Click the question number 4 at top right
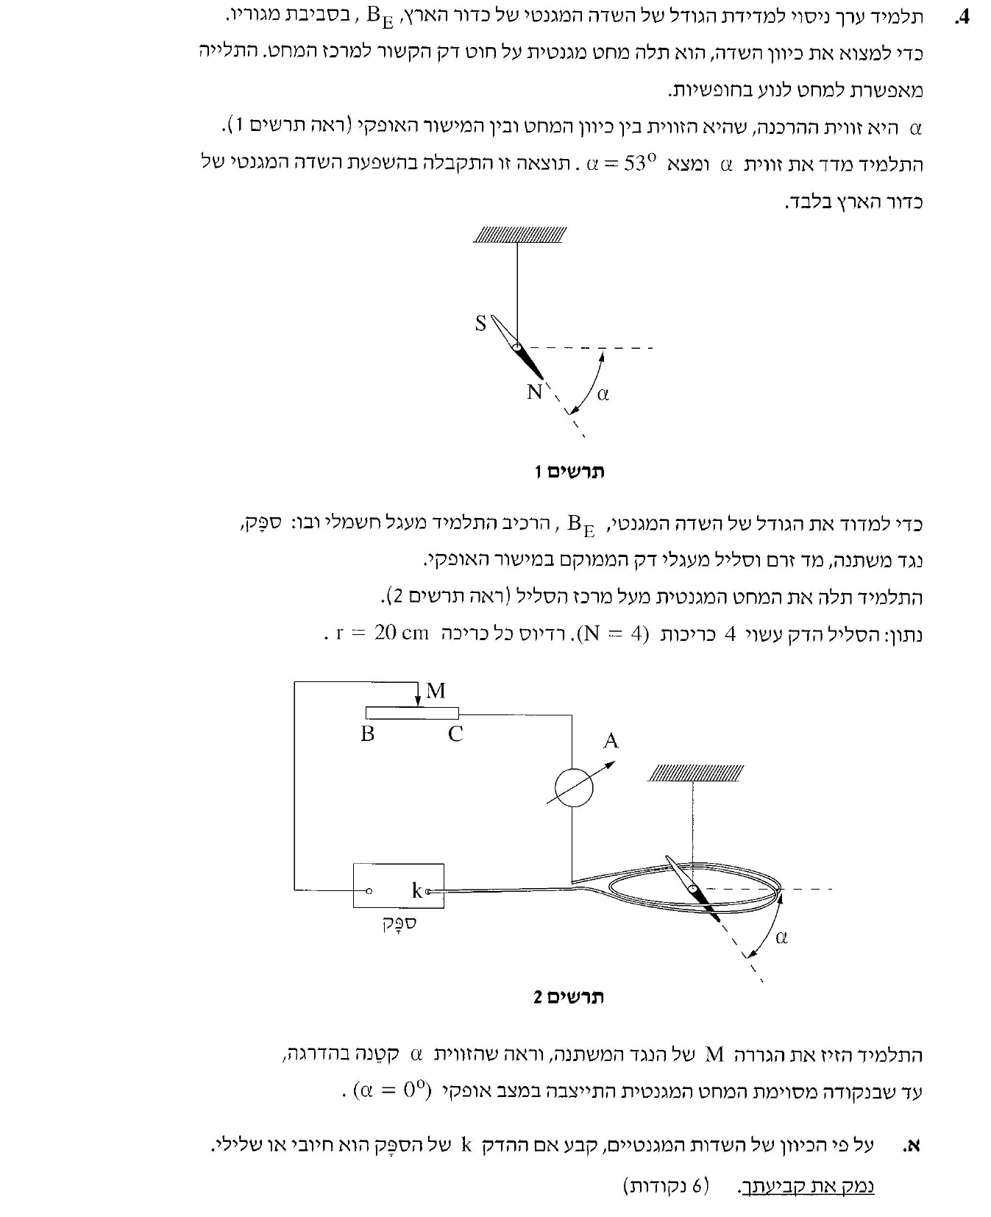pyautogui.click(x=962, y=18)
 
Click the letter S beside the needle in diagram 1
pyautogui.click(x=480, y=323)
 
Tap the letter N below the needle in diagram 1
pyautogui.click(x=534, y=392)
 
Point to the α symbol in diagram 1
pyautogui.click(x=603, y=394)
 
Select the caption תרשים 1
pyautogui.click(x=569, y=471)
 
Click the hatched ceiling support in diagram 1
pyautogui.click(x=520, y=235)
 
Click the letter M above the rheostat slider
pyautogui.click(x=436, y=690)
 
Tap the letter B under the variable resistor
pyautogui.click(x=367, y=734)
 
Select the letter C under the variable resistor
pyautogui.click(x=455, y=734)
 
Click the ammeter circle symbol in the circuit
pyautogui.click(x=572, y=788)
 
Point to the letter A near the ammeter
pyautogui.click(x=611, y=741)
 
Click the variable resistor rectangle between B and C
pyautogui.click(x=412, y=712)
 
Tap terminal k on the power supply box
pyautogui.click(x=427, y=891)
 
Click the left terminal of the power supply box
pyautogui.click(x=369, y=891)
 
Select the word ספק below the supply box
pyautogui.click(x=399, y=923)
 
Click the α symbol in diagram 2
pyautogui.click(x=781, y=937)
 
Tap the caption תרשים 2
pyautogui.click(x=569, y=997)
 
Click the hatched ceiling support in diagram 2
pyautogui.click(x=695, y=773)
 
